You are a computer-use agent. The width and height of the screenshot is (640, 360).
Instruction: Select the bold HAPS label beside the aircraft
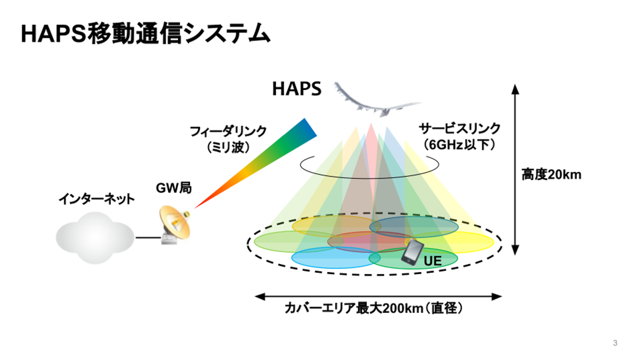[x=296, y=89]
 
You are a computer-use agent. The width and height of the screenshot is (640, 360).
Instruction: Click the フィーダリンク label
[x=228, y=131]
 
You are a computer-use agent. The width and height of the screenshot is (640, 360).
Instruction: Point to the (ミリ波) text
[x=228, y=147]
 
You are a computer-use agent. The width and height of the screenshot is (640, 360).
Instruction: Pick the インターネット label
[x=96, y=199]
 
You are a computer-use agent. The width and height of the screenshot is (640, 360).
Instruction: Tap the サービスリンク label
[x=459, y=129]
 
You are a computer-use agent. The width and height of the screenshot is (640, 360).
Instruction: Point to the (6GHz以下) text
[x=459, y=144]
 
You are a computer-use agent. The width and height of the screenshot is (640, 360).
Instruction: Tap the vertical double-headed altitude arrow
[x=516, y=170]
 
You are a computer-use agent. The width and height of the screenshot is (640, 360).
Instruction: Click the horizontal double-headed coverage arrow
[x=378, y=296]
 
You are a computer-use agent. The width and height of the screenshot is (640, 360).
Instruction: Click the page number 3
[x=615, y=343]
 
